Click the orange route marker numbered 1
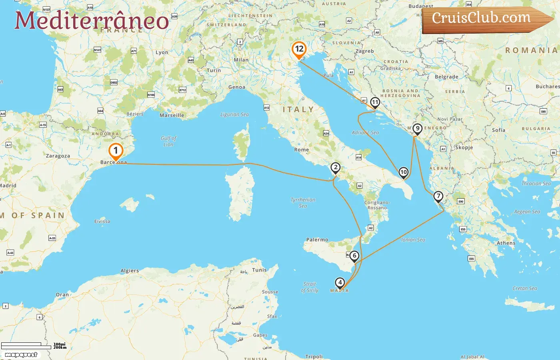coord(116,151)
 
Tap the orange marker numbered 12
coord(299,50)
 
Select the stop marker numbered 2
coord(335,168)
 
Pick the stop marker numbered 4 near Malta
coord(340,283)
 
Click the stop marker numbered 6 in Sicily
coord(354,256)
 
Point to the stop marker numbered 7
coord(438,196)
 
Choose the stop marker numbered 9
coord(417,129)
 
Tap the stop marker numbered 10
coord(403,172)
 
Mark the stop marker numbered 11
coord(375,102)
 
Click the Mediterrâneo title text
coord(92,20)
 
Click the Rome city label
coord(301,150)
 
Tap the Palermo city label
coord(317,240)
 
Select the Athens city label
coord(506,243)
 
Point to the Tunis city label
coord(259,270)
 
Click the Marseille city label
coord(172,115)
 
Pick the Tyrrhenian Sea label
coord(303,203)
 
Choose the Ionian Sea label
coord(413,240)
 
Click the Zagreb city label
coord(364,51)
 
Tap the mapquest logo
coord(21,355)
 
